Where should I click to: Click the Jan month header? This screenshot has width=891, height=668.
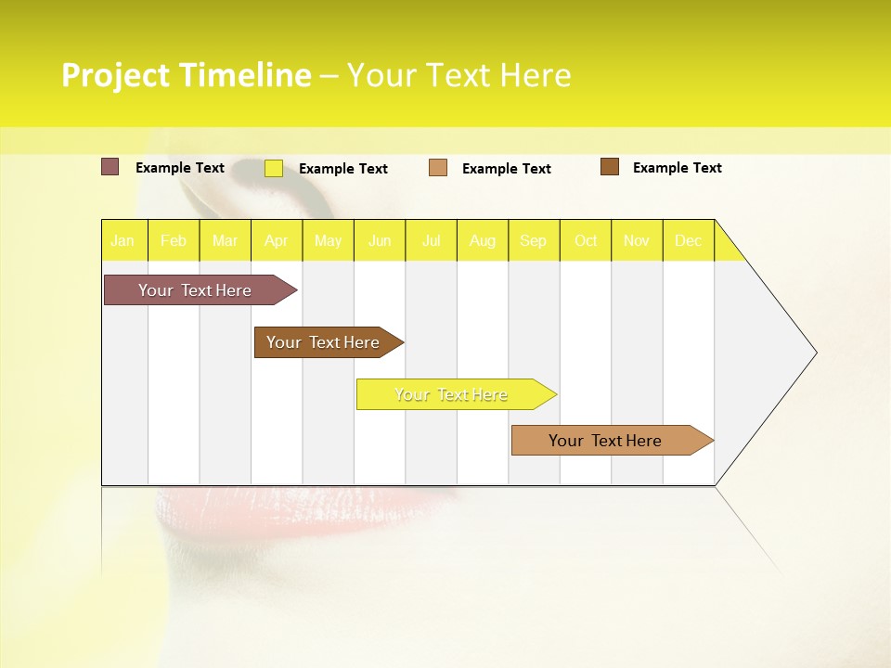(123, 240)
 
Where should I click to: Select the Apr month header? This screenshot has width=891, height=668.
(277, 240)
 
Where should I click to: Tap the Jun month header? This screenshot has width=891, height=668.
(380, 240)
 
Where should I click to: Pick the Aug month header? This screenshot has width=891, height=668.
(483, 240)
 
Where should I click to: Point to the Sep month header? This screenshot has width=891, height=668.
(534, 240)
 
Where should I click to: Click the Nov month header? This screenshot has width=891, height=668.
(637, 240)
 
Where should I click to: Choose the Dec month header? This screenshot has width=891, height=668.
(688, 240)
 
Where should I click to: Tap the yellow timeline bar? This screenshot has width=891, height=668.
(452, 394)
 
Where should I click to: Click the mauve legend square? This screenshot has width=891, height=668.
(110, 167)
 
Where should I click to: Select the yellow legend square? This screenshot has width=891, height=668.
(274, 168)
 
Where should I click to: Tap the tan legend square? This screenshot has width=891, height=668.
(438, 168)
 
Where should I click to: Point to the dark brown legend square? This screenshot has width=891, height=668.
(610, 167)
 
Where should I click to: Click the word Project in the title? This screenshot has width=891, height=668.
(116, 75)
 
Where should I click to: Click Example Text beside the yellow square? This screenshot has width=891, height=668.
(343, 169)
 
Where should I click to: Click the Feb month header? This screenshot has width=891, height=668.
(174, 240)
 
